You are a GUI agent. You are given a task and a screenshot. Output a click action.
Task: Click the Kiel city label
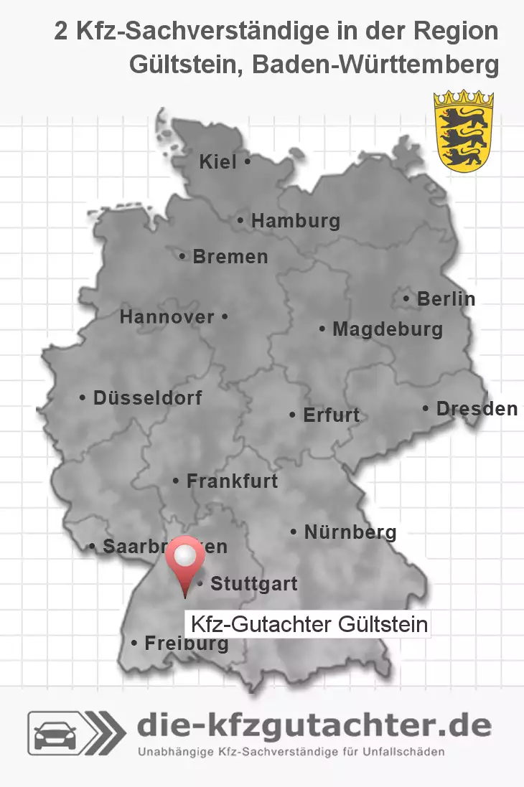[218, 162]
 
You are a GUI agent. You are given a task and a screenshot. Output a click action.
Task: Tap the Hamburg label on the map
[295, 221]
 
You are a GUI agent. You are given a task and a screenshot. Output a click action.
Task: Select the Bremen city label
[230, 256]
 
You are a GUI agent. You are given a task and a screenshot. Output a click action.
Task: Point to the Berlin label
[446, 298]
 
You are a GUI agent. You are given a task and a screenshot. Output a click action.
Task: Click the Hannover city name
[167, 316]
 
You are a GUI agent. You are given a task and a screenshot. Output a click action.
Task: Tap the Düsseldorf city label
[147, 397]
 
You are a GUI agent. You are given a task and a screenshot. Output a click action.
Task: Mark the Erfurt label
[330, 415]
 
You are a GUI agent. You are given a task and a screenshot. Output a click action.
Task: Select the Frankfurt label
[231, 481]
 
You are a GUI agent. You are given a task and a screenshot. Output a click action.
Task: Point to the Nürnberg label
[350, 532]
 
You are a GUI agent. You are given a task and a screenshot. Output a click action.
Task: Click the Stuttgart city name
[253, 584]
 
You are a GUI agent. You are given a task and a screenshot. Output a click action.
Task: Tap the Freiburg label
[186, 644]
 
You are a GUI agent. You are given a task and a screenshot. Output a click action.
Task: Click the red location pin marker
[185, 564]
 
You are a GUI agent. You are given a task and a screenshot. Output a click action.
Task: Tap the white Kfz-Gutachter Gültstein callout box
[308, 624]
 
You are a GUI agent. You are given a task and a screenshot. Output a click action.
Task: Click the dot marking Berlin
[407, 298]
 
